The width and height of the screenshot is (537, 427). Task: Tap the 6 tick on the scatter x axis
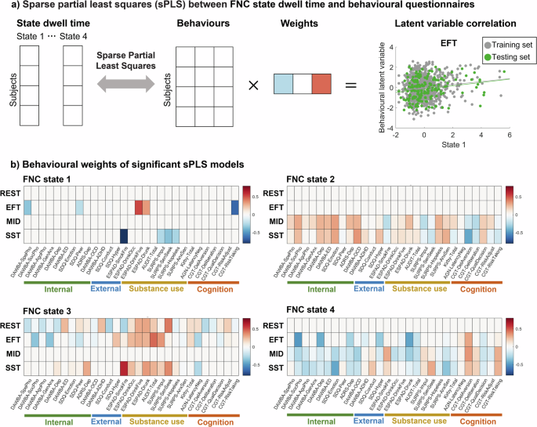click(x=510, y=135)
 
